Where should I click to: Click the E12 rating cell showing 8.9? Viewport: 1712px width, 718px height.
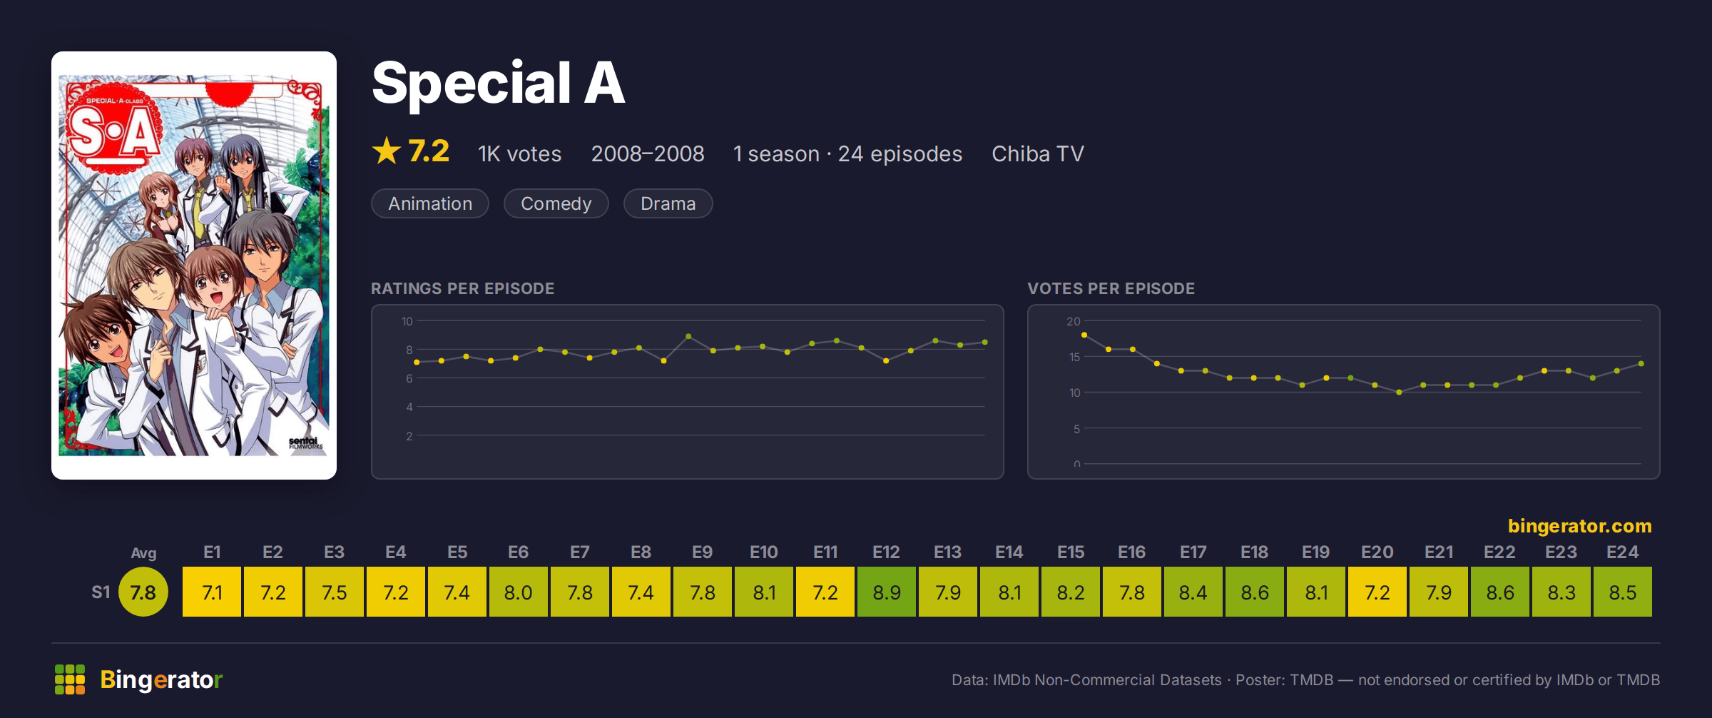tap(887, 592)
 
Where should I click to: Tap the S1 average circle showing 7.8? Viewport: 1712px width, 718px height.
tap(143, 592)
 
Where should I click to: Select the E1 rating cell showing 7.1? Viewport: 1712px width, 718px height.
tap(212, 592)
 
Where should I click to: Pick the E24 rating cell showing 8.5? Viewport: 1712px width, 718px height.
tap(1623, 592)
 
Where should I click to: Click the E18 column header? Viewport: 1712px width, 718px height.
tap(1254, 552)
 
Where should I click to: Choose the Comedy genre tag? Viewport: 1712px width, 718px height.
tap(556, 203)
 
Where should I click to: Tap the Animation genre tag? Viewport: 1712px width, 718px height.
tap(430, 203)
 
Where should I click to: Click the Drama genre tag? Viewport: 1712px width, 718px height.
tap(668, 203)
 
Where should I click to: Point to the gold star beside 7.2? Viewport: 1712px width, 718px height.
tap(387, 151)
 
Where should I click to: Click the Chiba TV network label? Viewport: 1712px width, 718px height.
tap(1038, 154)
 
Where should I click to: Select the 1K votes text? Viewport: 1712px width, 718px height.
tap(520, 154)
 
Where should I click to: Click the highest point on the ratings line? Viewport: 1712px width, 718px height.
tap(688, 336)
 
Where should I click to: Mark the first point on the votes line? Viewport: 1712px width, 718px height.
tap(1084, 335)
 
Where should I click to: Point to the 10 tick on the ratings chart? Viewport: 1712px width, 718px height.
tap(407, 321)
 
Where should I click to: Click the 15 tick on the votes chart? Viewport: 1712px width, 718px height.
tap(1074, 357)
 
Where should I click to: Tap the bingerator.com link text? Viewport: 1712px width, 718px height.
tap(1579, 526)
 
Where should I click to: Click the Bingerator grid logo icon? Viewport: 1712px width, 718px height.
tap(70, 679)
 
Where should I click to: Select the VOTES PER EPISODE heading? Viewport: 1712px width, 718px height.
tap(1111, 288)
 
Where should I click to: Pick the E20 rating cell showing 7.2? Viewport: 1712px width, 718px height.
tap(1377, 592)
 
